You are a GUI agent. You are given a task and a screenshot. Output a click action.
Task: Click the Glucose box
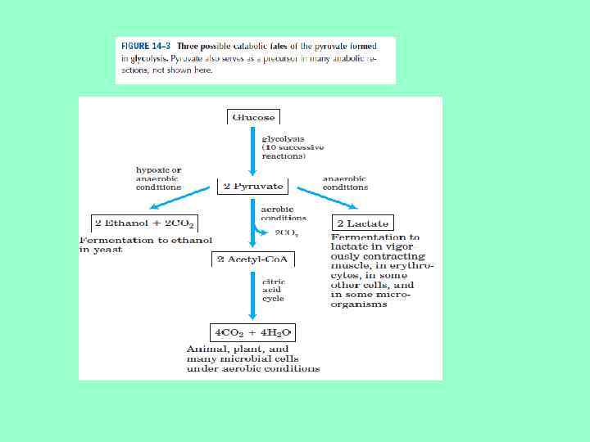point(252,117)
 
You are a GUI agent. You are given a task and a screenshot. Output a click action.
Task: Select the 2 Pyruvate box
point(252,186)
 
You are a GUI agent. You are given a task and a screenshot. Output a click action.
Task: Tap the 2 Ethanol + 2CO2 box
point(144,223)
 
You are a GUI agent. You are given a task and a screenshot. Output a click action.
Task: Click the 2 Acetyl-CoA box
point(252,259)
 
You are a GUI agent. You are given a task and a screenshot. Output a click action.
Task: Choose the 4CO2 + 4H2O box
point(252,332)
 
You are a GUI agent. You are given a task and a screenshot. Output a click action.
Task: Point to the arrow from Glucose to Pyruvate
point(252,151)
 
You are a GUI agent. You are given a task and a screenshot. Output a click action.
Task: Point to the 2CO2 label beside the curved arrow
point(287,233)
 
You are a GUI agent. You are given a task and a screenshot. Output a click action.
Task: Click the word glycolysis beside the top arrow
point(282,138)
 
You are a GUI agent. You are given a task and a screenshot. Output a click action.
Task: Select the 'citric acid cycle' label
point(273,290)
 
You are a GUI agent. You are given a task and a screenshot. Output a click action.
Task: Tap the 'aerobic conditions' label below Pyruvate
point(284,214)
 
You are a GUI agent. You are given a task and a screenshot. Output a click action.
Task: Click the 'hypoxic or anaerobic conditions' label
point(158,178)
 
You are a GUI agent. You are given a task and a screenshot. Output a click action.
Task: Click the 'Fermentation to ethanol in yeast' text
point(145,244)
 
